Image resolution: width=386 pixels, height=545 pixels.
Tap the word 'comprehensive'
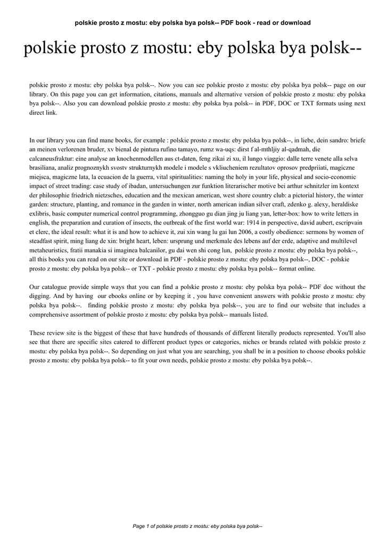pos(51,315)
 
